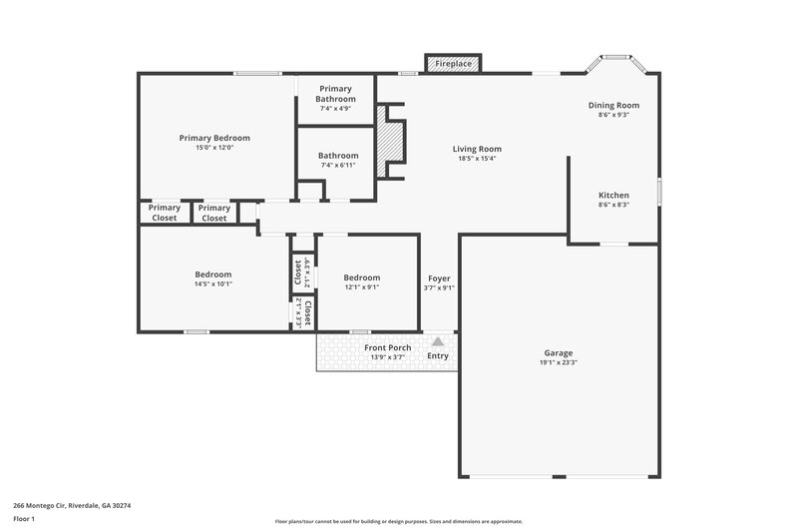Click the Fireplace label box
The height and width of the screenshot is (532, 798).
(x=454, y=64)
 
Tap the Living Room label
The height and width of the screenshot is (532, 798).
(x=477, y=149)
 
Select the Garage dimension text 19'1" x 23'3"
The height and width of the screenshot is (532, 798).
(x=560, y=362)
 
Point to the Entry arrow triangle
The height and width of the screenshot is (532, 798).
(x=438, y=341)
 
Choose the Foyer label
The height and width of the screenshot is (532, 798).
(x=440, y=277)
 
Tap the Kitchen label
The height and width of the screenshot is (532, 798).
(x=613, y=195)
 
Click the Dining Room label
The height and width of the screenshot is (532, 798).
(x=613, y=105)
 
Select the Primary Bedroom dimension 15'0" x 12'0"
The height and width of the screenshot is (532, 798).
(x=214, y=149)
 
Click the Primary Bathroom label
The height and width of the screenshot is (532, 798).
(x=336, y=94)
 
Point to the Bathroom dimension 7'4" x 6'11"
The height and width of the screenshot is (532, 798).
(x=338, y=165)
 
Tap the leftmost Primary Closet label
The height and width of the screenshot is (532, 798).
(x=164, y=213)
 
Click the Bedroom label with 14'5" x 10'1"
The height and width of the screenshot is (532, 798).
(x=213, y=274)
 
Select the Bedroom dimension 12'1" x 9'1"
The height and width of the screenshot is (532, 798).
(x=361, y=287)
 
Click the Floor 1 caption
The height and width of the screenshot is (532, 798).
(x=24, y=519)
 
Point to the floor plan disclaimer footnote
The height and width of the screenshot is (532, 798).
(x=398, y=521)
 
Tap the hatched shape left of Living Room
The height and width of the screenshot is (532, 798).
(x=396, y=141)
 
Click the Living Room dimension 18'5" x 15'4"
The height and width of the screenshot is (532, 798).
(x=477, y=159)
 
